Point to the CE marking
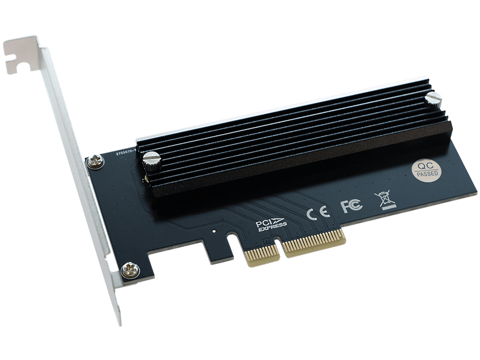[318, 212]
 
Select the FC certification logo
[351, 206]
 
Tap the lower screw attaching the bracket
[130, 270]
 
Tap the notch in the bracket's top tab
[16, 65]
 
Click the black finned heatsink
[294, 136]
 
